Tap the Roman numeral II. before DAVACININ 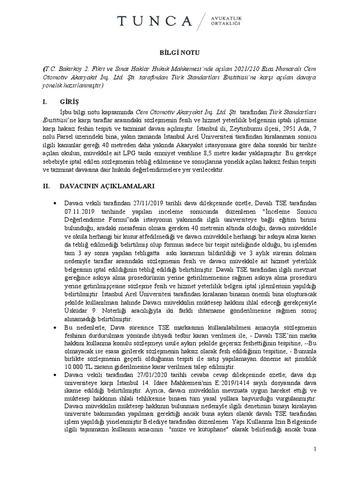pyautogui.click(x=46, y=186)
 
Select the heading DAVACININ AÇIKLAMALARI pyautogui.click(x=107, y=186)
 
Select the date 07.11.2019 pyautogui.click(x=80, y=211)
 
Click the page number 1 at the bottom pyautogui.click(x=315, y=449)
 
